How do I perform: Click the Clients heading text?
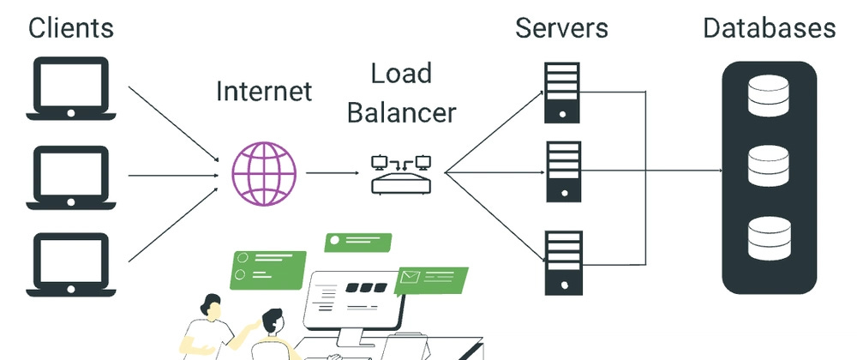[71, 27]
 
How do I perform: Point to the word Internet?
[264, 91]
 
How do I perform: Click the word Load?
[400, 75]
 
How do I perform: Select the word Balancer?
[401, 112]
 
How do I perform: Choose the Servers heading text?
[561, 27]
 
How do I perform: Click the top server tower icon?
[561, 92]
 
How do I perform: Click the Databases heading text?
[769, 27]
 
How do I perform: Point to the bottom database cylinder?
[769, 239]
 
